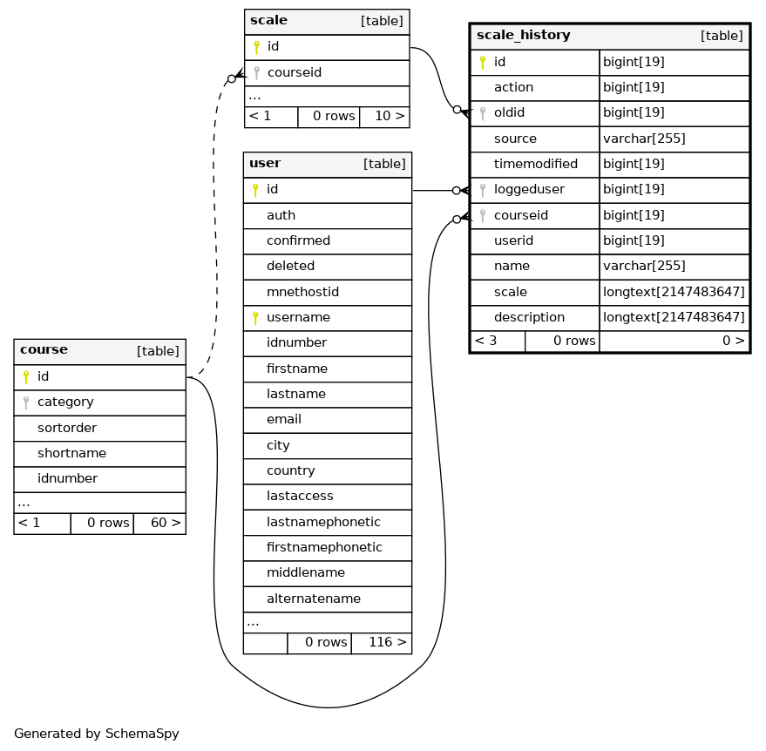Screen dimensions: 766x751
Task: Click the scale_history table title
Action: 523,35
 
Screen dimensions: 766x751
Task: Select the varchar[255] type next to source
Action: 644,139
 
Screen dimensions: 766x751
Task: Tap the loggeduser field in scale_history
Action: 529,189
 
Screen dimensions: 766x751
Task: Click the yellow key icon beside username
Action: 255,318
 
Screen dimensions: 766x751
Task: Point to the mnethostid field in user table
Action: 302,292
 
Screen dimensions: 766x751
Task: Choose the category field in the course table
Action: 65,402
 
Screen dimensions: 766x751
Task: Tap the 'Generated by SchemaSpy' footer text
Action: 96,734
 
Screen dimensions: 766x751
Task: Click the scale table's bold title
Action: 268,21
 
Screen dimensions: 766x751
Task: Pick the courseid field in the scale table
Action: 294,73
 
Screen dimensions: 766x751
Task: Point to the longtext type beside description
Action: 674,317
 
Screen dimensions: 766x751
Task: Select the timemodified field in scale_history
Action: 535,164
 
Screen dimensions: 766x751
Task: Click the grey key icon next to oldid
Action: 483,113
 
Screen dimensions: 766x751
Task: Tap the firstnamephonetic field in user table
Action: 324,547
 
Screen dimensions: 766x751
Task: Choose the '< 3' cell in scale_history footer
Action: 485,341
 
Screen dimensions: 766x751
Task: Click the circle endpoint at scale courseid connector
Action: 232,78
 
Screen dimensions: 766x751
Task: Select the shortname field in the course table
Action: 71,453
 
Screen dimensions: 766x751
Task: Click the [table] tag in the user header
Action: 384,164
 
